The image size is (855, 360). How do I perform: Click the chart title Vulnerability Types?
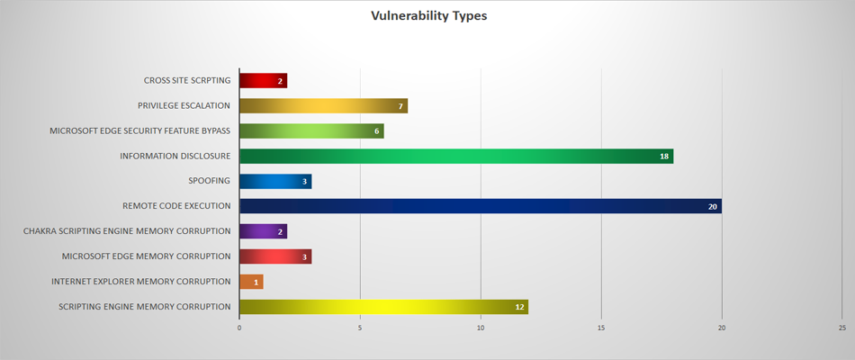click(428, 16)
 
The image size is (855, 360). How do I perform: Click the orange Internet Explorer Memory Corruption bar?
click(251, 282)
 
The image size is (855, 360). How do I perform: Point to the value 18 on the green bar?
click(664, 157)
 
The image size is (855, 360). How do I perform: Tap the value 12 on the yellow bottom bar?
click(519, 308)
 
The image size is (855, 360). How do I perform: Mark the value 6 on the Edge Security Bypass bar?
click(375, 131)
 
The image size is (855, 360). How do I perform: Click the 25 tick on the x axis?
click(841, 328)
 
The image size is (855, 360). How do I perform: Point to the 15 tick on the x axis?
click(601, 328)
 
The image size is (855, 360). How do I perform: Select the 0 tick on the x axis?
click(239, 328)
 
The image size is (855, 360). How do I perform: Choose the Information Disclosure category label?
click(175, 156)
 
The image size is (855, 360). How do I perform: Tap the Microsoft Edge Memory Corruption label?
click(146, 256)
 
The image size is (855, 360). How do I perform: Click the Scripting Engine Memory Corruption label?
click(144, 307)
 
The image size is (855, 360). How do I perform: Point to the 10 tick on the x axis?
click(481, 328)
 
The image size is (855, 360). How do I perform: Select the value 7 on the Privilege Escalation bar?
click(400, 106)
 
